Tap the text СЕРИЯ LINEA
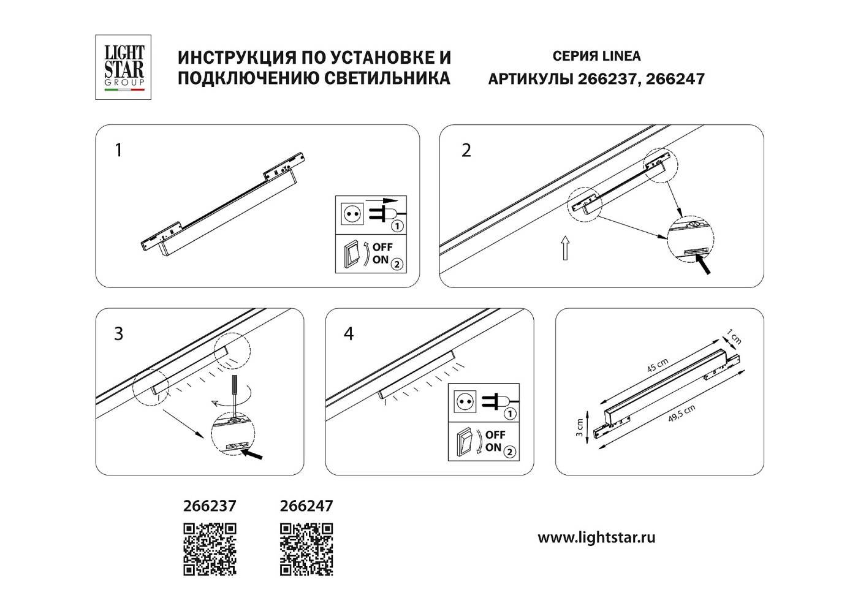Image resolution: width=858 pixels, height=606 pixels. [x=596, y=56]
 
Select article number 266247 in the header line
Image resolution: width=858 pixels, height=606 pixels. [x=675, y=79]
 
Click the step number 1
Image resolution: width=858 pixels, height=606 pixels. [x=119, y=150]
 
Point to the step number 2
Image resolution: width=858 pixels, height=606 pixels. [x=466, y=150]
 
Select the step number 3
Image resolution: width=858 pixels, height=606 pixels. [x=119, y=334]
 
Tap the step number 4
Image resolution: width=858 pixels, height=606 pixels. [x=349, y=334]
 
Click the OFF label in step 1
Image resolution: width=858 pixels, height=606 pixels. [x=382, y=247]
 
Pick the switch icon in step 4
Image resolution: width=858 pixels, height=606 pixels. [x=468, y=442]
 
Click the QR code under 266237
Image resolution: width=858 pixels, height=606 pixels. [x=210, y=549]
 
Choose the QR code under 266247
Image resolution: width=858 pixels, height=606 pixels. [x=306, y=549]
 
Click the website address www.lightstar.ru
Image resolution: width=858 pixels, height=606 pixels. [x=596, y=538]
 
